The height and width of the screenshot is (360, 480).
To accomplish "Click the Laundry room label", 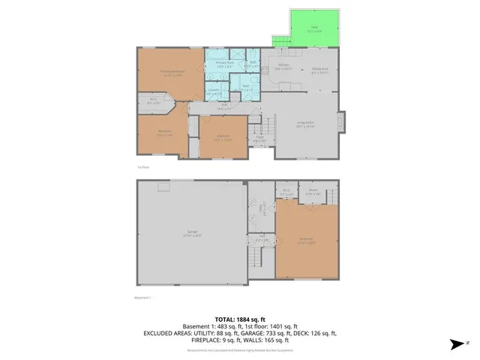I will tap(214, 92).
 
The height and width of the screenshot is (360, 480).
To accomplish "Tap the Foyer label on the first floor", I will tap(259, 137).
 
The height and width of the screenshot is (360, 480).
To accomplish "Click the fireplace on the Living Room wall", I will tap(342, 122).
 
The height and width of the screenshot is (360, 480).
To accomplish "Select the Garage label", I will tap(193, 233).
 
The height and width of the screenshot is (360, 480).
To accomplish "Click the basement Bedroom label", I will tap(305, 239).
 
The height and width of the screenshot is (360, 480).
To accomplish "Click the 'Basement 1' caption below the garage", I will tap(143, 298).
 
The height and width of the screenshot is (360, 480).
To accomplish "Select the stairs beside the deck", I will tap(280, 40).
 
